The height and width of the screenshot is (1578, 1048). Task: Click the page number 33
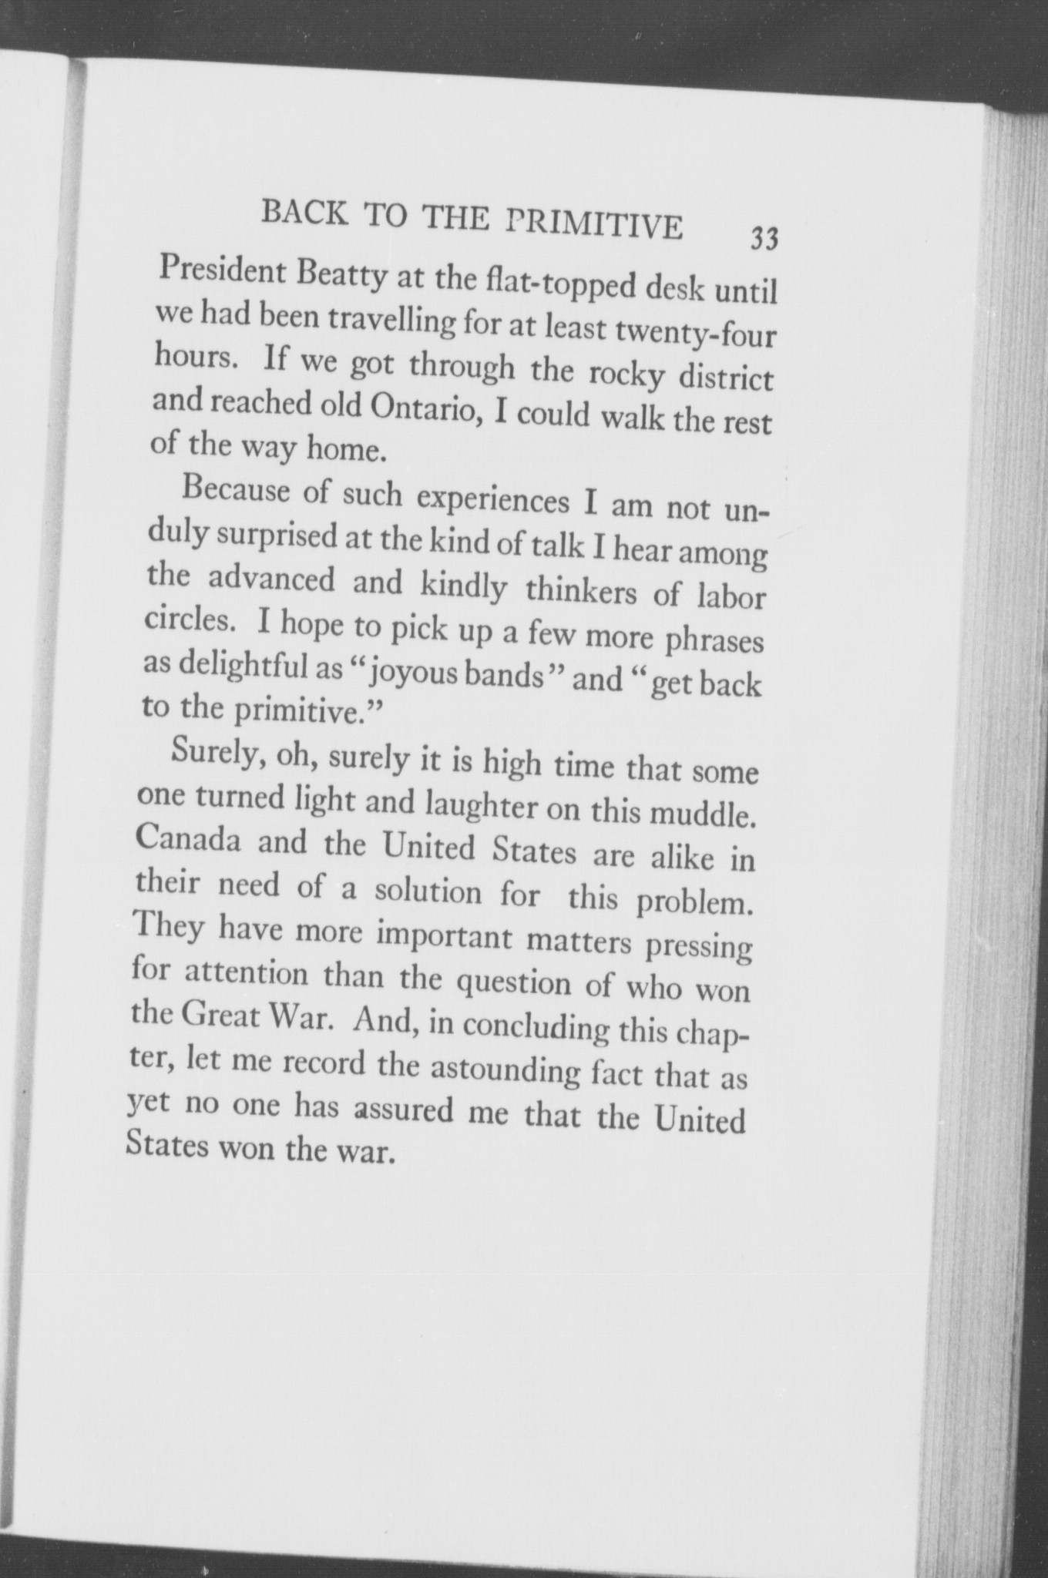point(764,239)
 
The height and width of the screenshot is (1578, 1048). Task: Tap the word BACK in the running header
point(304,210)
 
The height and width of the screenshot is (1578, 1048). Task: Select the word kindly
point(463,588)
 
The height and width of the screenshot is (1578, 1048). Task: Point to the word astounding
point(505,1070)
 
